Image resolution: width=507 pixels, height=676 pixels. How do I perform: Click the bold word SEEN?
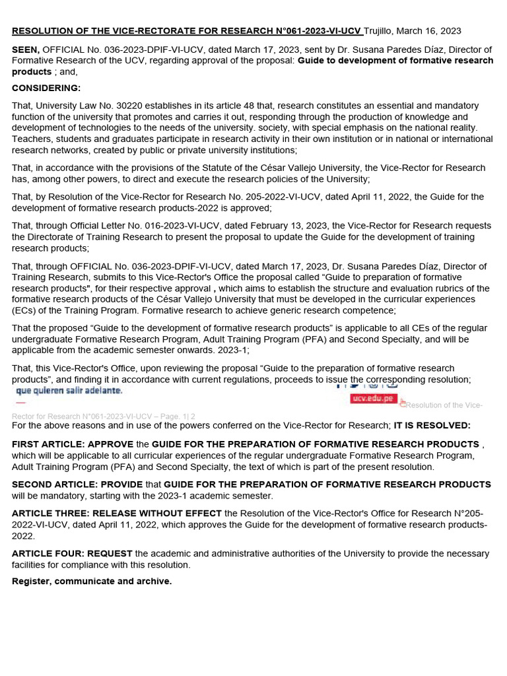click(26, 50)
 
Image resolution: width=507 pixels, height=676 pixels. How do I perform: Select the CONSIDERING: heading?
click(46, 88)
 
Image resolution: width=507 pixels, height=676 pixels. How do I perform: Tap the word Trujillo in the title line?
click(383, 31)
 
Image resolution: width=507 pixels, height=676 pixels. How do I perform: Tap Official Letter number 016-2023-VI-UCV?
click(158, 226)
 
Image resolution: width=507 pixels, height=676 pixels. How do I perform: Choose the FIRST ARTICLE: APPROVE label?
click(73, 444)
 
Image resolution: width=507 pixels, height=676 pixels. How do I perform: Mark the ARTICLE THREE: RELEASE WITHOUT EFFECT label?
click(117, 513)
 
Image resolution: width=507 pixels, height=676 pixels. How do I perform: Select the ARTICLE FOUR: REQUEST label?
click(72, 553)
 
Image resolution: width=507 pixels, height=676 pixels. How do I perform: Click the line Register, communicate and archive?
click(92, 581)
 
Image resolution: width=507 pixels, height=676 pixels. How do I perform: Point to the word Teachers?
click(33, 139)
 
